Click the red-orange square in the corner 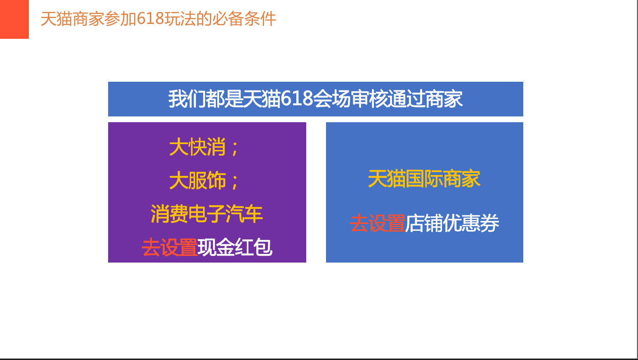(14, 19)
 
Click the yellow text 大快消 (197, 147)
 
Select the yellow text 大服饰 (197, 180)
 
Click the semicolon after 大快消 (235, 149)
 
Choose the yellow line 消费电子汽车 (206, 214)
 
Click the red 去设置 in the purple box (170, 247)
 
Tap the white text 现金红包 (235, 247)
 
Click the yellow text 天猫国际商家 (424, 179)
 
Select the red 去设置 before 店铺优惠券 (378, 223)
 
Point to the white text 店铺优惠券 (452, 223)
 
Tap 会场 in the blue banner (332, 99)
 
